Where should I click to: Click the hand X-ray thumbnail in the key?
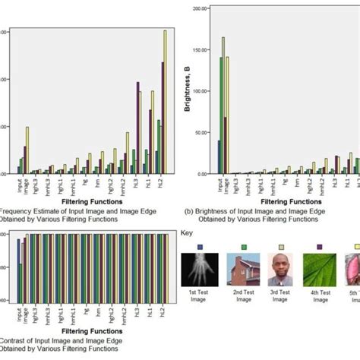click(198, 270)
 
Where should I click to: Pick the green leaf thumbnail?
click(318, 270)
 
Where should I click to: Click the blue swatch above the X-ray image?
click(200, 247)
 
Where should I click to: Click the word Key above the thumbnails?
click(188, 232)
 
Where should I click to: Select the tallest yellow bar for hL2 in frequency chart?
click(165, 103)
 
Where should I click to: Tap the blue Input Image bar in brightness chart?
click(219, 156)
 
